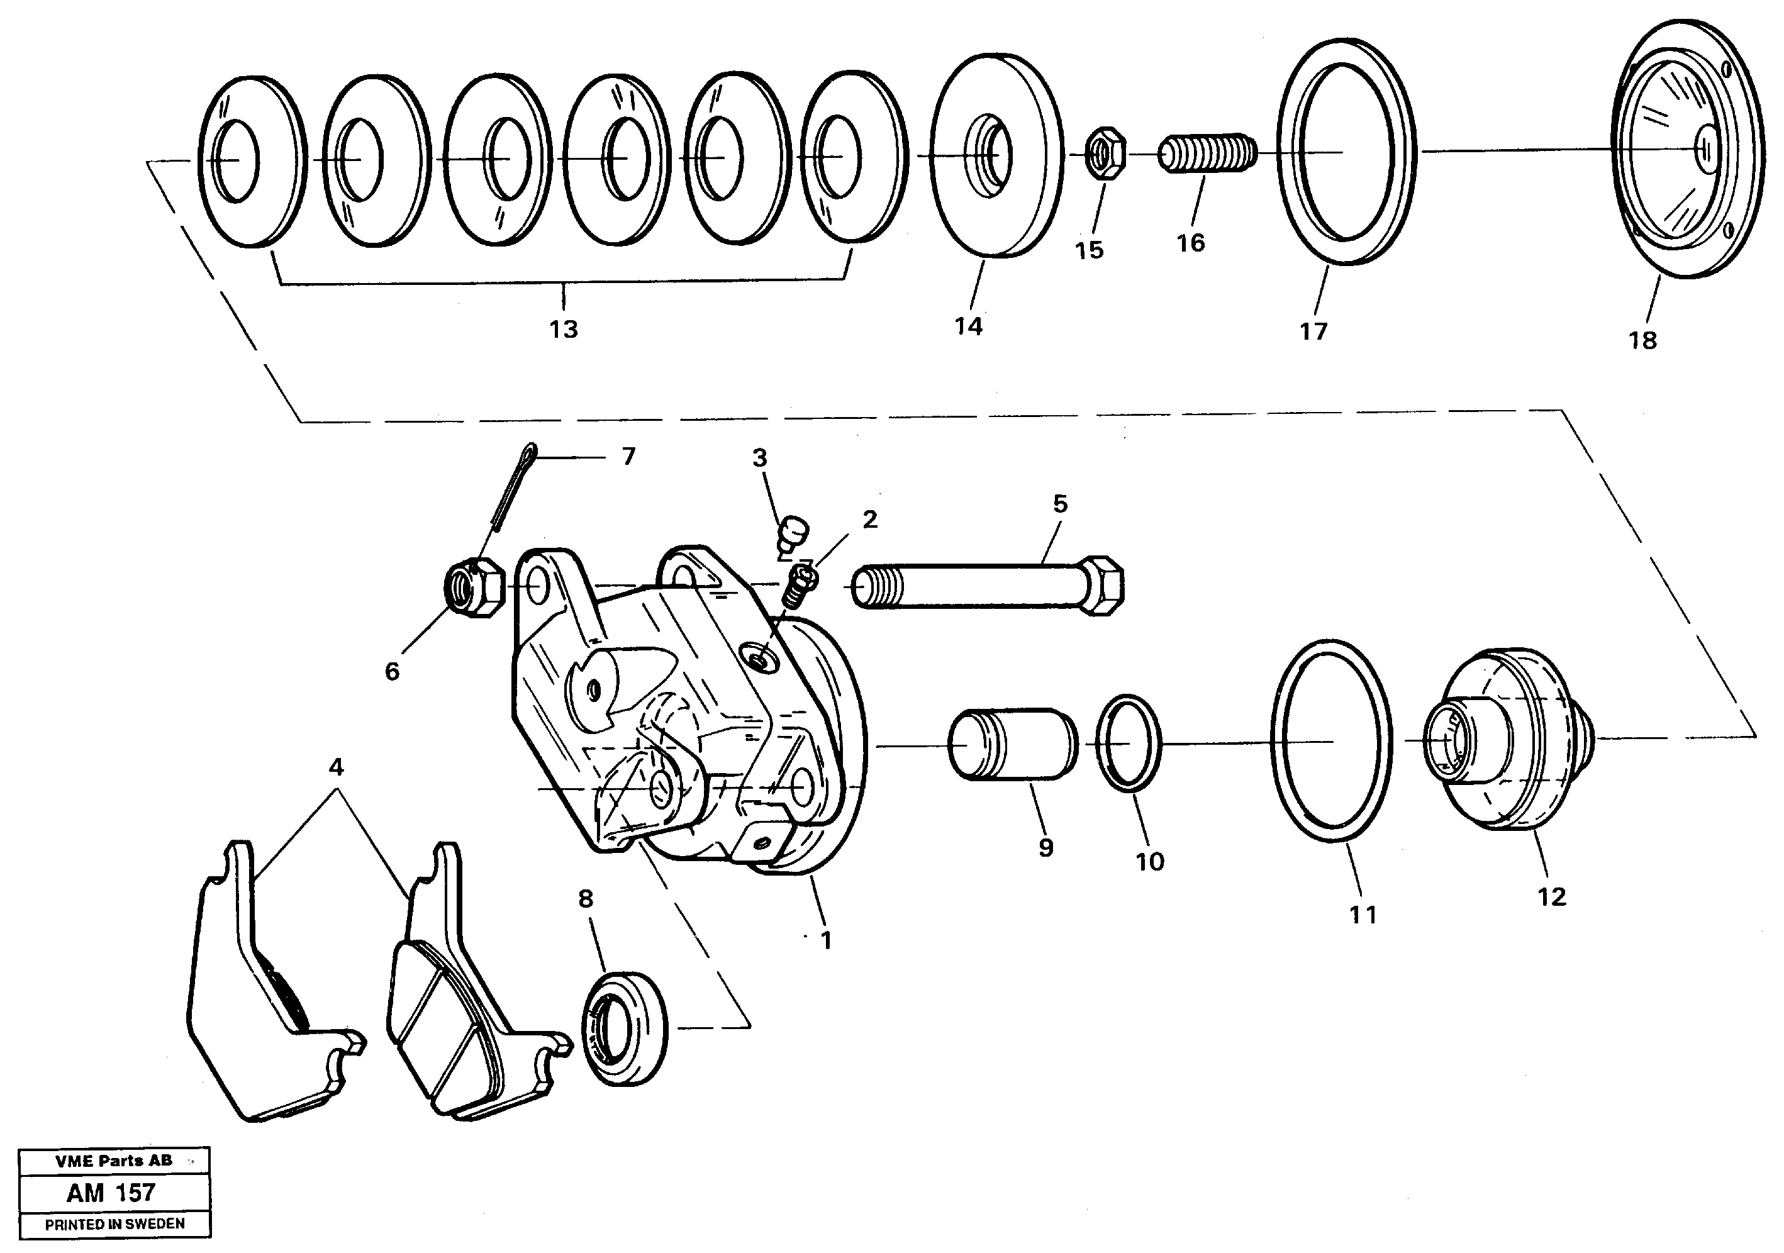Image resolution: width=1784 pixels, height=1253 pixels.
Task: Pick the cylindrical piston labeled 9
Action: pyautogui.click(x=1012, y=743)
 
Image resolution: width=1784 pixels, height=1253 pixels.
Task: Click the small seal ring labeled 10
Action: pyautogui.click(x=1128, y=743)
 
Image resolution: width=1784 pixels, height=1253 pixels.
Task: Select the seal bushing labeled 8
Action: pyautogui.click(x=624, y=1027)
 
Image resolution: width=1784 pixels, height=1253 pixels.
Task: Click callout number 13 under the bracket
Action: pyautogui.click(x=564, y=330)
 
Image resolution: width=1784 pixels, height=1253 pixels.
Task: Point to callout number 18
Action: pyautogui.click(x=1642, y=340)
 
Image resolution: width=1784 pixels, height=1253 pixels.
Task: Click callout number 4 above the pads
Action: pyautogui.click(x=336, y=767)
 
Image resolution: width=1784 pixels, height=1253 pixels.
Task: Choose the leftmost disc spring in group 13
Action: pyautogui.click(x=250, y=161)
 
